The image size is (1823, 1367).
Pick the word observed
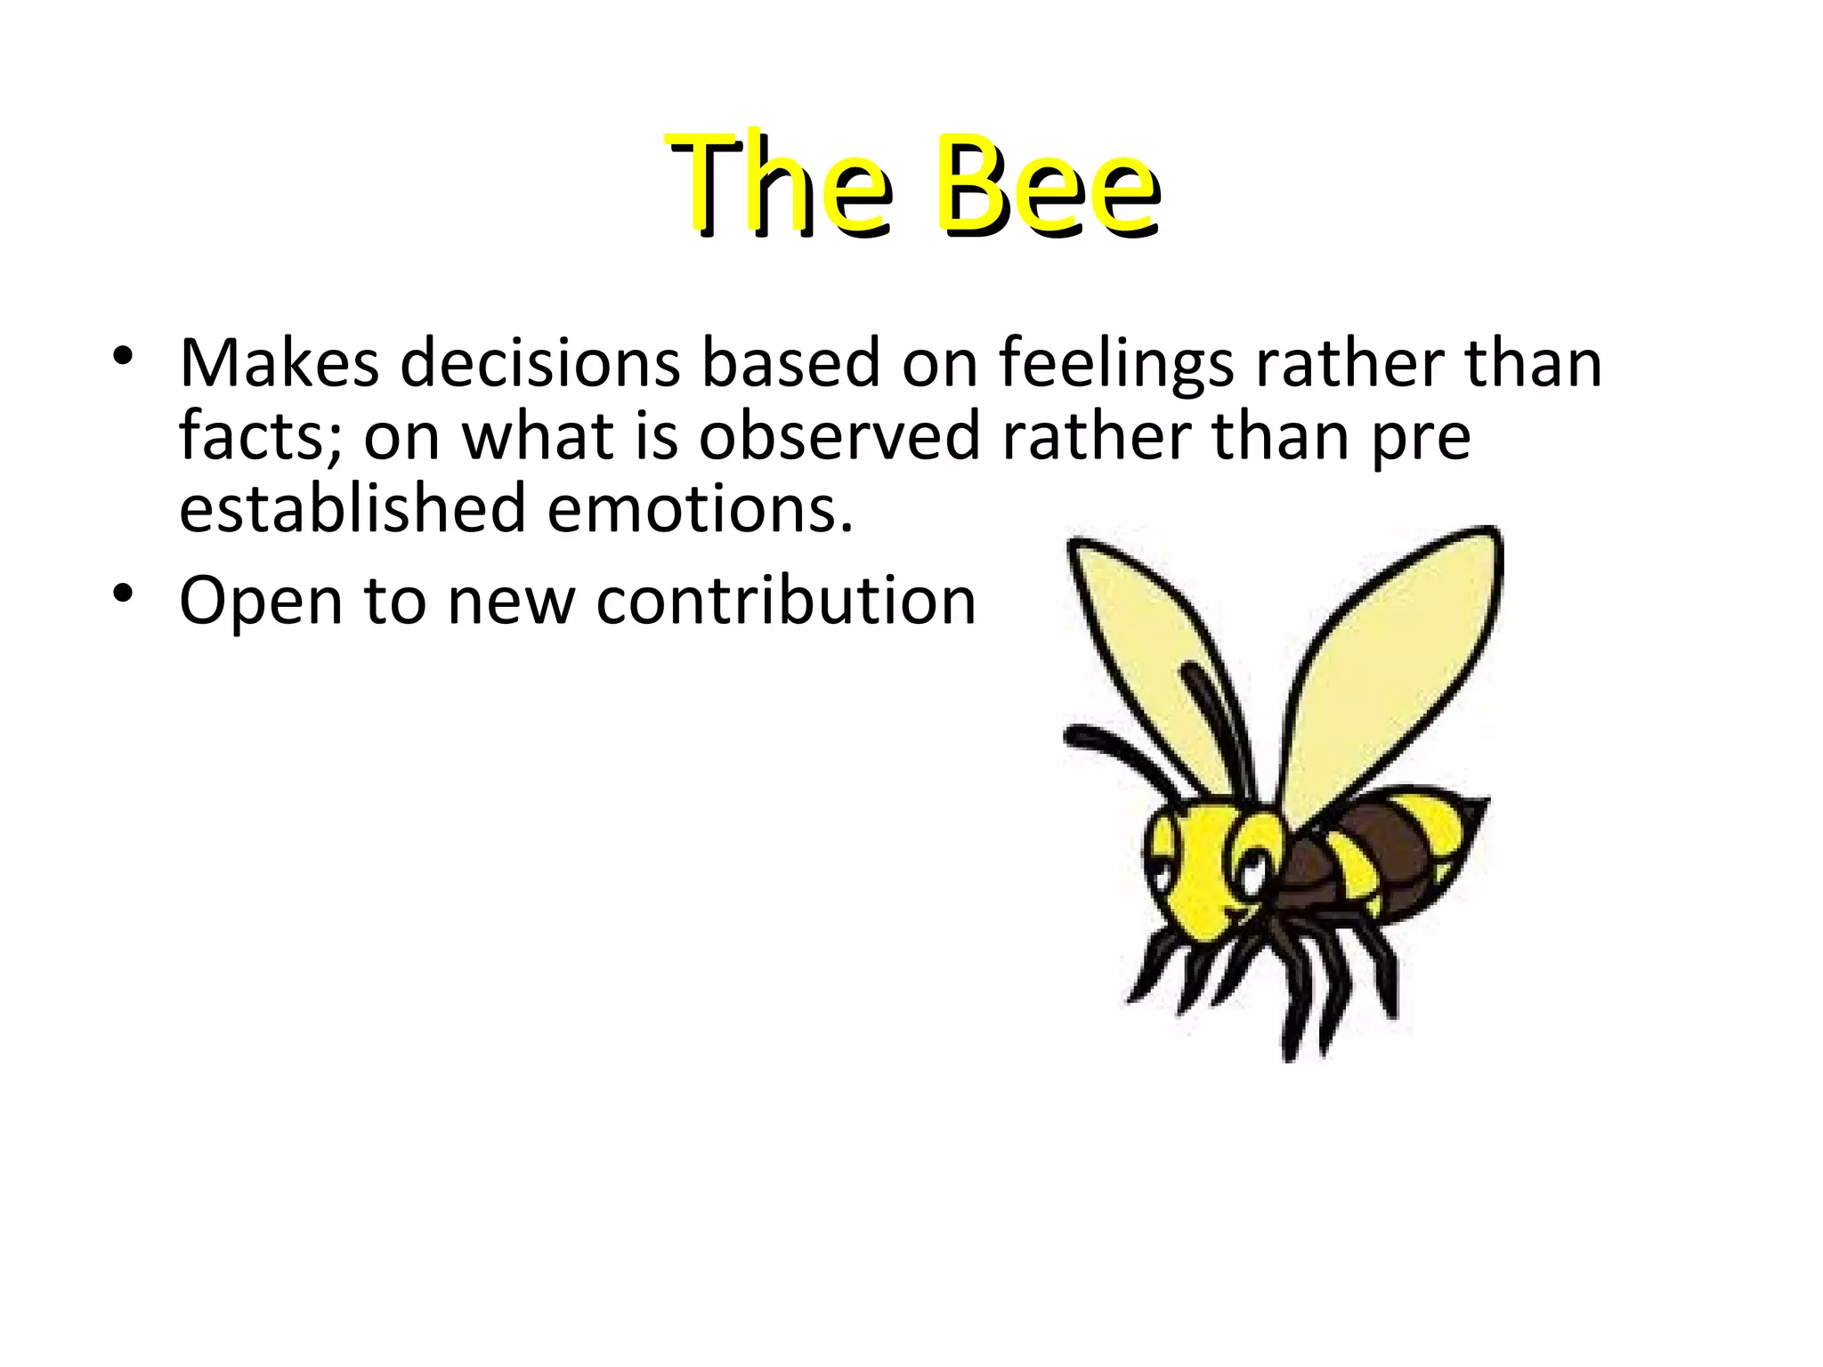pos(839,437)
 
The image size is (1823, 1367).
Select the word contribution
pos(786,602)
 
